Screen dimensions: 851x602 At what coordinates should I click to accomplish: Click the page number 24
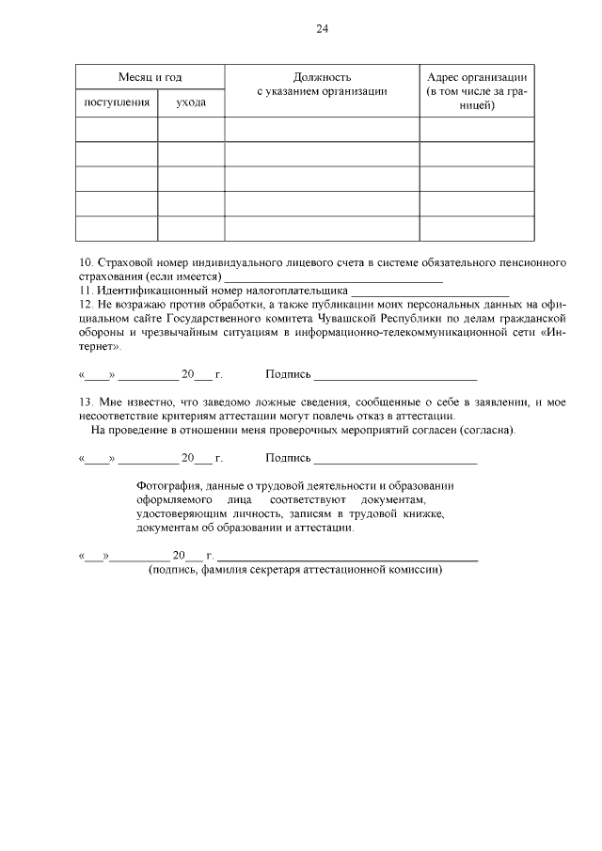[x=322, y=29]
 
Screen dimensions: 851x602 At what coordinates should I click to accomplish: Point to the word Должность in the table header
[x=322, y=76]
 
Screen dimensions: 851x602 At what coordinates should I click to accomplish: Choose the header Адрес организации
[x=477, y=76]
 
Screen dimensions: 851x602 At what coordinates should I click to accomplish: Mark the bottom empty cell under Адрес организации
[x=477, y=229]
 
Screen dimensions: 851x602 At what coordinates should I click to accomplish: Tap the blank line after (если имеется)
[x=333, y=278]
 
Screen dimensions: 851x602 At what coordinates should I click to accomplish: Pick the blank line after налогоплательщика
[x=429, y=292]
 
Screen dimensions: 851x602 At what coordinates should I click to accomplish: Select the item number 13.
[x=84, y=402]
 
